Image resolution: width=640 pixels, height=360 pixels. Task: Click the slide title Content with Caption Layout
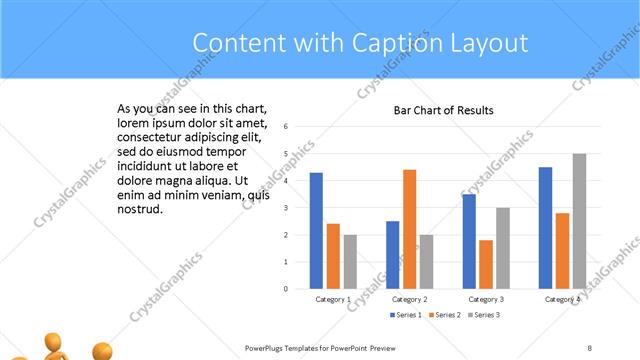coord(360,43)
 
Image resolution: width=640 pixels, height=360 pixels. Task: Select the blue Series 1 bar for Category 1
coord(316,230)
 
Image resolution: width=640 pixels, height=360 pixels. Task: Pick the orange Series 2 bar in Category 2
coord(410,229)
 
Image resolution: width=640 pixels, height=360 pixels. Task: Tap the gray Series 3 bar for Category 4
coord(579,221)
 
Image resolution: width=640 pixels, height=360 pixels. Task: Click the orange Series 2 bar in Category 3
coord(486,264)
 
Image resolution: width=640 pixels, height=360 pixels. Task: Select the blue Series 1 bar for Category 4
coord(545,227)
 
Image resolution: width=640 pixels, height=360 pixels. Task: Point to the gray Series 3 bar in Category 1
coord(350,261)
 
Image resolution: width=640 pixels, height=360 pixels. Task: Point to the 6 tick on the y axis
coord(286,127)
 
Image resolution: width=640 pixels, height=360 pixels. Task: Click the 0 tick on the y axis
coord(286,289)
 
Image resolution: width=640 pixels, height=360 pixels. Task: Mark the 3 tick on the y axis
coord(286,208)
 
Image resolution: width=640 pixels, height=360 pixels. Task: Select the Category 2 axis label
coord(410,300)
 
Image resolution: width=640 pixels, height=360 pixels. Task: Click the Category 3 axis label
coord(486,300)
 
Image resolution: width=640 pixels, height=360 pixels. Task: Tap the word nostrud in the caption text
coord(140,209)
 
